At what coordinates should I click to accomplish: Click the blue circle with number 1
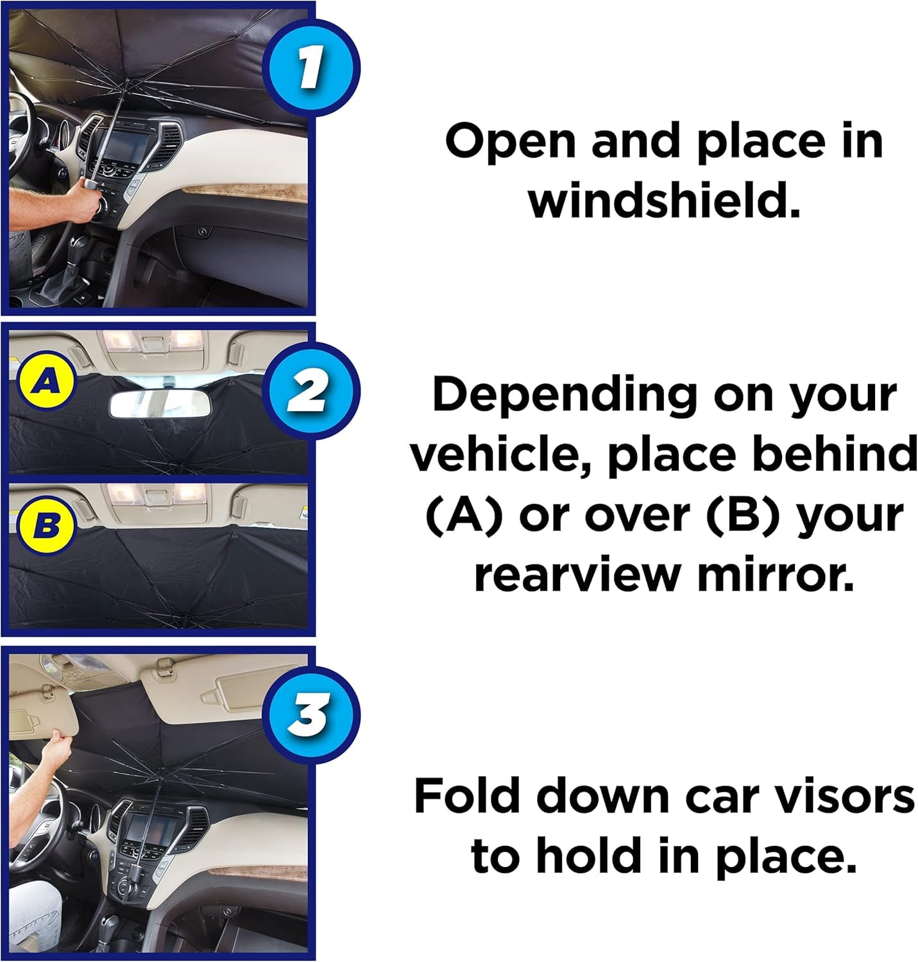(310, 69)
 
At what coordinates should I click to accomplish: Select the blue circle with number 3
(310, 714)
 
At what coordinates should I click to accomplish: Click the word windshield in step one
(664, 201)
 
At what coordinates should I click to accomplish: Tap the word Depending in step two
(565, 394)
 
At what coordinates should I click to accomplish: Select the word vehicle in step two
(500, 455)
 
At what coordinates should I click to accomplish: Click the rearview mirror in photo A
(155, 404)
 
